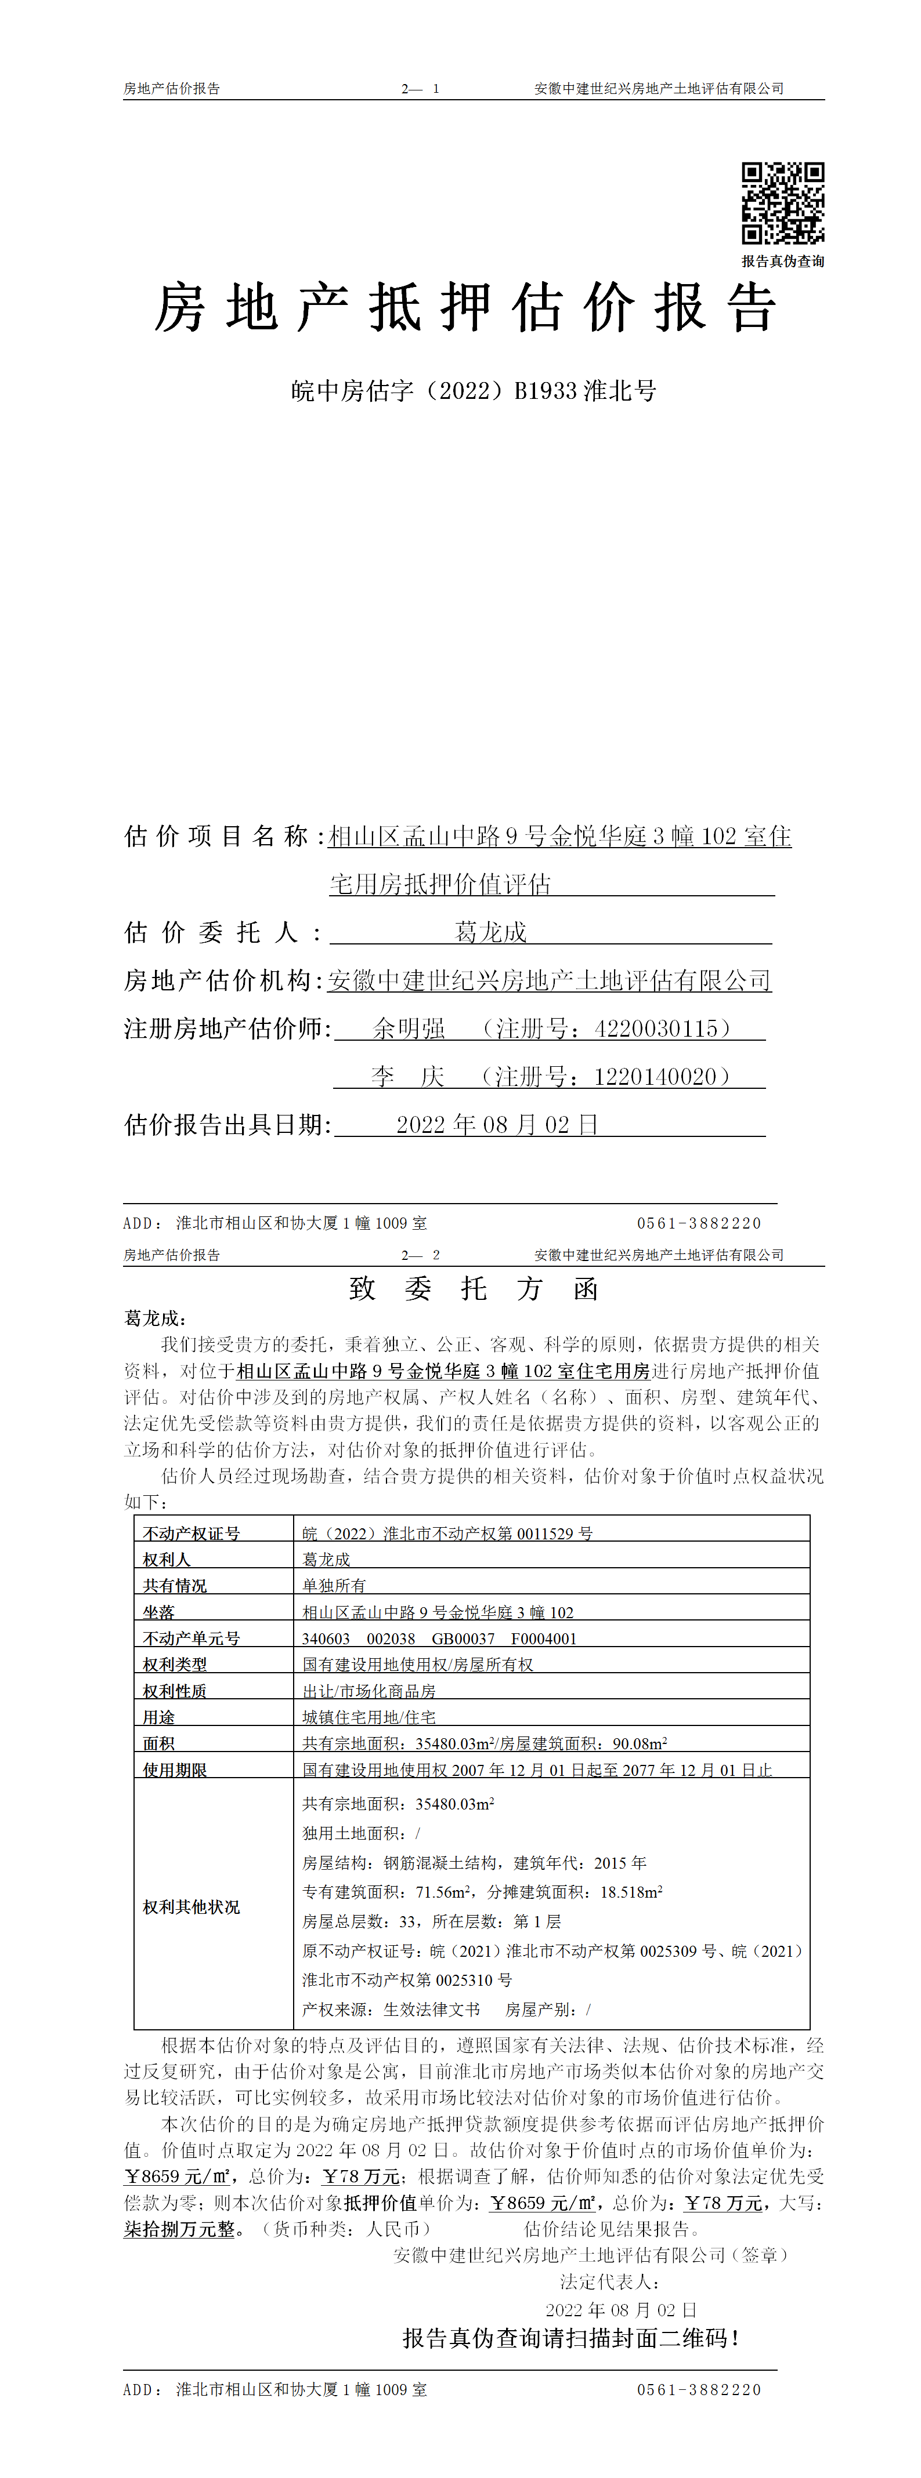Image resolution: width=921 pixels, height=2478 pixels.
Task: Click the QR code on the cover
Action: click(x=782, y=203)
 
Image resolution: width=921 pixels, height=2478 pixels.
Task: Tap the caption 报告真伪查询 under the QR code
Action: click(x=782, y=261)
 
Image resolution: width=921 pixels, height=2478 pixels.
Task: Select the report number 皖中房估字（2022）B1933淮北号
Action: click(x=474, y=391)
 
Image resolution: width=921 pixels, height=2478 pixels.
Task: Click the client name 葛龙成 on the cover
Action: click(x=491, y=932)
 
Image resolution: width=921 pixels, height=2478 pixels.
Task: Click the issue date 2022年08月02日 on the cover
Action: click(x=497, y=1125)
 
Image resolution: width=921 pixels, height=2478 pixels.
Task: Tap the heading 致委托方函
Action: click(x=474, y=1288)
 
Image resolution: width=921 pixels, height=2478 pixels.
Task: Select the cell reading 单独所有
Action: click(x=334, y=1585)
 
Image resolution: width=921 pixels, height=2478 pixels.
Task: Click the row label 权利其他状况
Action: click(x=192, y=1906)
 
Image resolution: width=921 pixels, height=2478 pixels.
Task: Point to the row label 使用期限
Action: click(x=175, y=1769)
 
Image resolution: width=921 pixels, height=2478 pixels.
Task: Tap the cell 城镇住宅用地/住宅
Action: click(x=369, y=1716)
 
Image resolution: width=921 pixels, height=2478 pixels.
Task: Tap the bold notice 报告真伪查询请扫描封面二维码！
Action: click(x=570, y=2338)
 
